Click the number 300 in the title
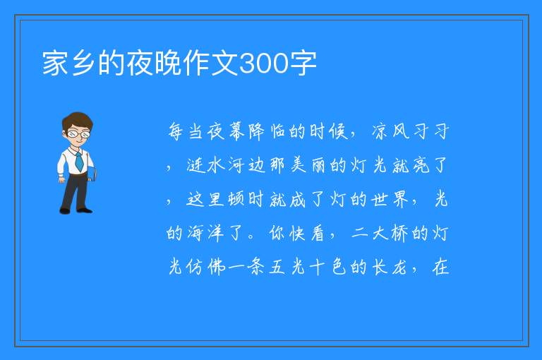[264, 63]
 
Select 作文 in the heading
[211, 63]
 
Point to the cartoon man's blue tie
[79, 161]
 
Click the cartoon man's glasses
[78, 133]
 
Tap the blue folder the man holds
[92, 174]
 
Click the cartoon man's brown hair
[78, 121]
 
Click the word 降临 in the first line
[268, 131]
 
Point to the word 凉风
[390, 131]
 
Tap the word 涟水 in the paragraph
[207, 165]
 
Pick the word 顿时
[236, 199]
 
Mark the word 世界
[390, 199]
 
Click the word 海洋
[205, 233]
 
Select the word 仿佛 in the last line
[205, 267]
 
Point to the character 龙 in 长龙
[399, 267]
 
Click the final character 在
[440, 267]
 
